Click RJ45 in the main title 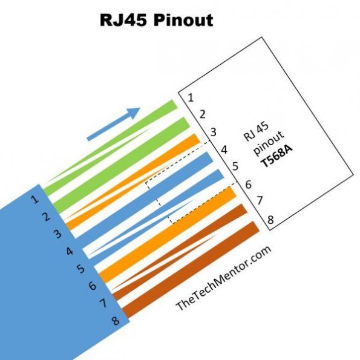click(120, 20)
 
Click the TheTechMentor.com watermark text click(223, 278)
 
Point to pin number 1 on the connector click(190, 97)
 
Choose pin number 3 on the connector click(213, 132)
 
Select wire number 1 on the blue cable click(35, 198)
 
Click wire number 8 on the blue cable click(116, 321)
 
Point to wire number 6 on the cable click(93, 285)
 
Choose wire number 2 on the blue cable click(47, 216)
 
